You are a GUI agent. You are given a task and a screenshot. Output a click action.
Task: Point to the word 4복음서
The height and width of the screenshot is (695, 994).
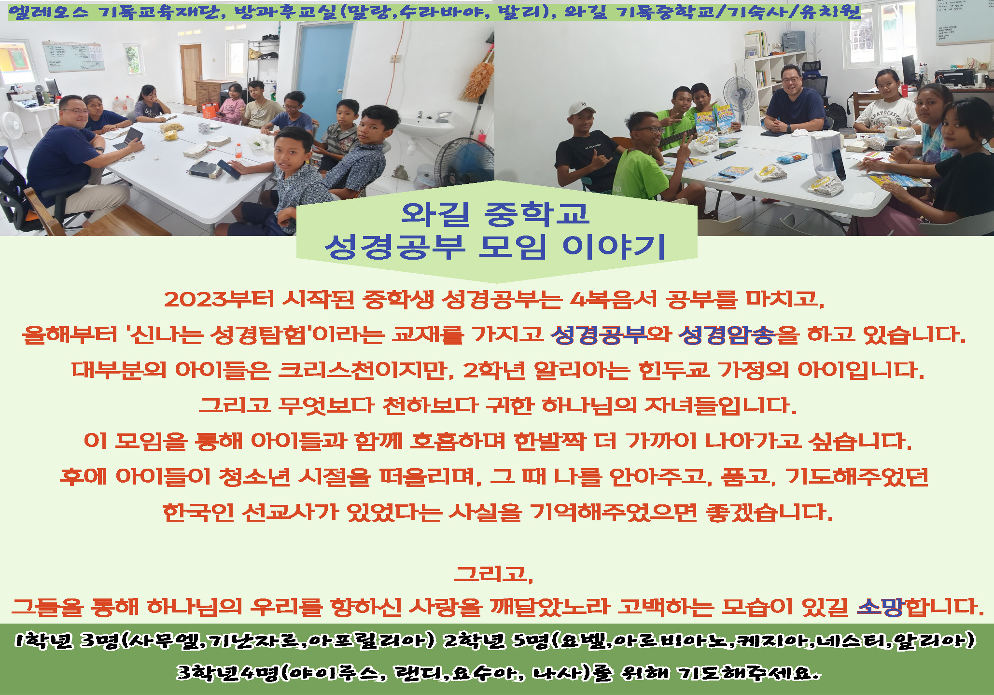tap(613, 299)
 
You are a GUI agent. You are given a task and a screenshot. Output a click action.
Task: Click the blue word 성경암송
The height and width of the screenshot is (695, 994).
tap(727, 334)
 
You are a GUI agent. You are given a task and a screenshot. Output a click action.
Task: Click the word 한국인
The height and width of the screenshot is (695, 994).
tap(198, 512)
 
